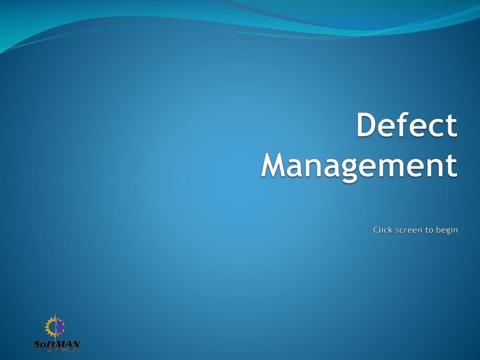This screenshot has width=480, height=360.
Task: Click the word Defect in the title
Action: pyautogui.click(x=406, y=125)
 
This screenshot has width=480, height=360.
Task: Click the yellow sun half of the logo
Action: pyautogui.click(x=50, y=326)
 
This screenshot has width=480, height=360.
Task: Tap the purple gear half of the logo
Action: pyautogui.click(x=60, y=326)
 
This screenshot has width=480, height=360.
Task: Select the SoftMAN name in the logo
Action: pyautogui.click(x=56, y=344)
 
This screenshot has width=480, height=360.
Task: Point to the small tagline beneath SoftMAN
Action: pyautogui.click(x=62, y=350)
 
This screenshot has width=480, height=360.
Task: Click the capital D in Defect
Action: pyautogui.click(x=367, y=125)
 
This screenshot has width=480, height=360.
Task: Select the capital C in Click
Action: pyautogui.click(x=376, y=230)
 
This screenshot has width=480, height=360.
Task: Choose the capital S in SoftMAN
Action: pyautogui.click(x=37, y=344)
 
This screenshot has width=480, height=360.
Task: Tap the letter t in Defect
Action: pyautogui.click(x=451, y=126)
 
